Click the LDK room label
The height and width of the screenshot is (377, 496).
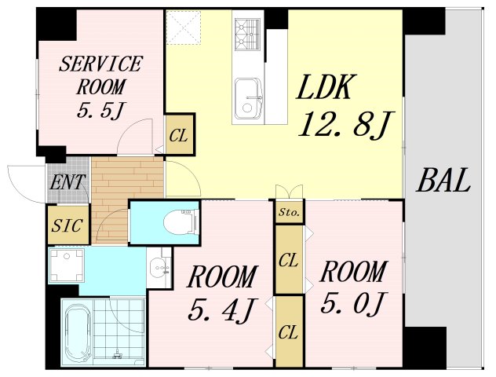(325, 86)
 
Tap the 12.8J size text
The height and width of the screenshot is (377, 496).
(346, 125)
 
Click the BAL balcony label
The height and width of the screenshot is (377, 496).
(443, 181)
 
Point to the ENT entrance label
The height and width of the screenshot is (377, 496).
(67, 182)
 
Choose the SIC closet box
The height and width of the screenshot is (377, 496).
(68, 225)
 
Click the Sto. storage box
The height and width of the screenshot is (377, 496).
(289, 212)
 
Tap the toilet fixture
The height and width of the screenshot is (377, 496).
(181, 222)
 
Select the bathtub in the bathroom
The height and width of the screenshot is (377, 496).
(78, 334)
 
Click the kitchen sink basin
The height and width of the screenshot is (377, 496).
(248, 97)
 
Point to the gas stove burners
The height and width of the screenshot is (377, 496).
(247, 35)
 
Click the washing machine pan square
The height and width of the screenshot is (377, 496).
(67, 265)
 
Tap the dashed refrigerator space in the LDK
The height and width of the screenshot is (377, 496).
(184, 27)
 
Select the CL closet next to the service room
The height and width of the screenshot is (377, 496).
(179, 134)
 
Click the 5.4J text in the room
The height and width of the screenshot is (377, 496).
(223, 309)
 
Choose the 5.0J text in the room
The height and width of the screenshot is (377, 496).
(353, 302)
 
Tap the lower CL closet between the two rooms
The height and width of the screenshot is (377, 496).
(289, 331)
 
